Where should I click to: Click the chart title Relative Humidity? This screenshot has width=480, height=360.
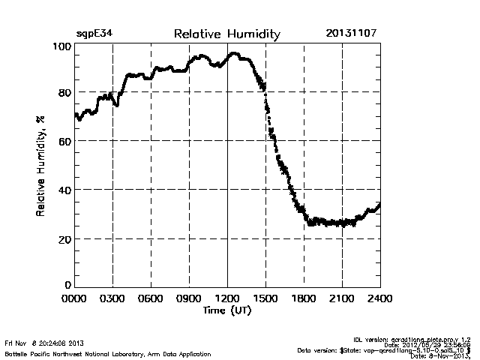tap(226, 34)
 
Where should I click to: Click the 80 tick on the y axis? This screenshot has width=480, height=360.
tap(64, 93)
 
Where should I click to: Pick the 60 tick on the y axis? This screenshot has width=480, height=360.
tap(64, 141)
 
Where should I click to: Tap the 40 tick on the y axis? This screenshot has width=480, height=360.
tap(64, 190)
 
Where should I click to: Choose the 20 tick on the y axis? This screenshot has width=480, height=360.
tap(64, 238)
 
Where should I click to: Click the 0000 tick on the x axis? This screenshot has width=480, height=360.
tap(75, 298)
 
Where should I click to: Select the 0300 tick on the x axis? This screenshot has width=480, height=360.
tap(112, 298)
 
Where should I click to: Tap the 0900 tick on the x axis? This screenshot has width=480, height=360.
tap(189, 298)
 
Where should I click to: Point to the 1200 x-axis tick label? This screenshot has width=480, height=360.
tap(227, 298)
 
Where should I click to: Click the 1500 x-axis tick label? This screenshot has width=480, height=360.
tap(265, 298)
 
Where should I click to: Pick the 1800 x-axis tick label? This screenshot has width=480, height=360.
tap(304, 298)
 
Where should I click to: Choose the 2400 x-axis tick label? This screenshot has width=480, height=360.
tap(379, 298)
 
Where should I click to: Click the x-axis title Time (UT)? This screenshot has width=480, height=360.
tap(227, 310)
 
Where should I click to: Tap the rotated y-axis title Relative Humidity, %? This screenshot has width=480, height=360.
tap(39, 166)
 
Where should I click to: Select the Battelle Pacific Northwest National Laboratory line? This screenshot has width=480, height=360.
tap(107, 353)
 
